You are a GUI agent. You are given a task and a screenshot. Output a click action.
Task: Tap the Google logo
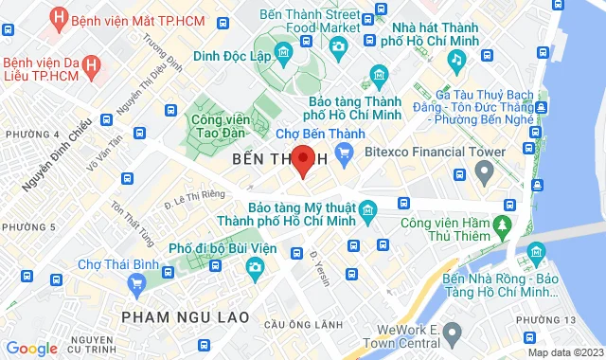(x=31, y=349)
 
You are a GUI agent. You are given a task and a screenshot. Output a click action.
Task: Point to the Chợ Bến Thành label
(x=317, y=135)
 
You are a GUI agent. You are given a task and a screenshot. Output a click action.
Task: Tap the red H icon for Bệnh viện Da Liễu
(x=92, y=65)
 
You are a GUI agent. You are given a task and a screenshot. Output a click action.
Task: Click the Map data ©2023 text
(x=564, y=352)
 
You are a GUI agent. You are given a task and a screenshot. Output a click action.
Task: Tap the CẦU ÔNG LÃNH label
(x=302, y=324)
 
